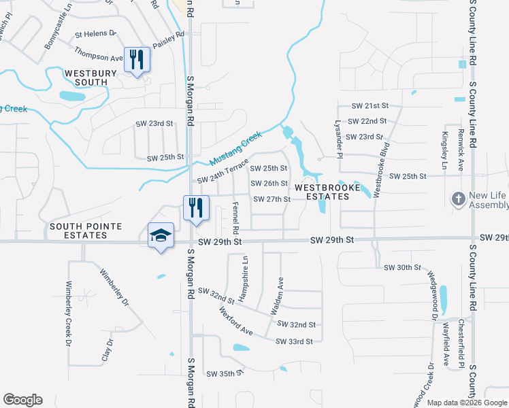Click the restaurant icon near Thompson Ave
click(137, 61)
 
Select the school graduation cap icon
click(161, 236)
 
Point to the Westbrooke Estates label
click(322, 191)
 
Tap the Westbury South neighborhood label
click(86, 78)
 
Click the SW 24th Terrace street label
click(223, 172)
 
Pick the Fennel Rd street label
click(235, 214)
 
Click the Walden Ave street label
click(277, 295)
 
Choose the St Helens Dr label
click(96, 33)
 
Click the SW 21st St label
click(370, 106)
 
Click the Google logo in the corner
click(22, 400)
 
